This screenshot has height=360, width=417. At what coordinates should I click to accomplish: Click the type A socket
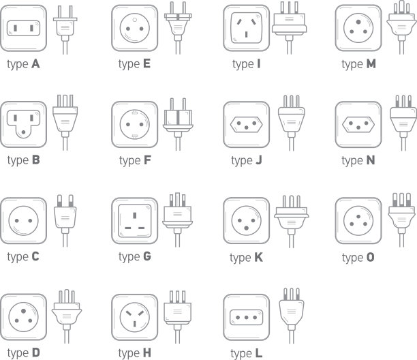[x=24, y=28]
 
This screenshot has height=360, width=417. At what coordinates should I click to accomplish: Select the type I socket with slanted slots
[x=247, y=28]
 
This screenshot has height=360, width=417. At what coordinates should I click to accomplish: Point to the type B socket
[x=24, y=125]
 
